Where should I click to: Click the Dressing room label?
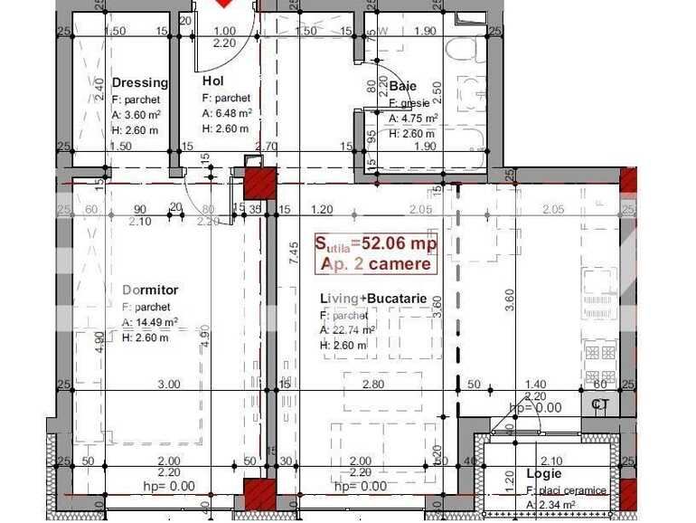coord(140,82)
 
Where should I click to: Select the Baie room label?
coord(402,87)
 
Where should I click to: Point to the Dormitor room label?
coord(150,290)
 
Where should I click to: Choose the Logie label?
coord(544,473)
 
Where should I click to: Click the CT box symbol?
coord(600,404)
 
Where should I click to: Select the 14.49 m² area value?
coord(150,322)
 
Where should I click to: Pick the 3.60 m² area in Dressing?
coord(141,114)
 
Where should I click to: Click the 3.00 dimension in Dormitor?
coord(167,385)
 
